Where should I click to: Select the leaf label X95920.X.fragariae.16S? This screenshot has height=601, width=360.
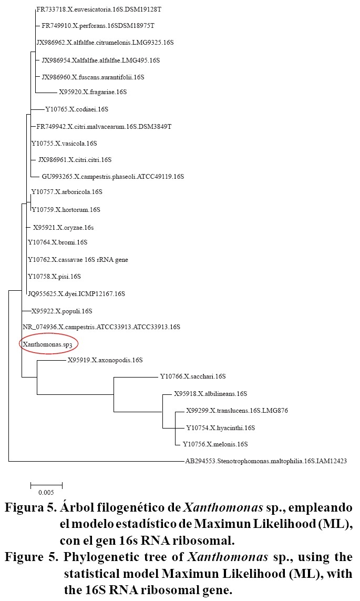[x=92, y=92]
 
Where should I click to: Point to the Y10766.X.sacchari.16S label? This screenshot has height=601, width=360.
[x=192, y=376]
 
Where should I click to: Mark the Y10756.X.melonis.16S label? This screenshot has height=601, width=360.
[x=215, y=444]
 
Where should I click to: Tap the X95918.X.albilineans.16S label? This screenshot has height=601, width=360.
[x=210, y=394]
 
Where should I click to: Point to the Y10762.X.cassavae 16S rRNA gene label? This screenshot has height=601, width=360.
[x=78, y=259]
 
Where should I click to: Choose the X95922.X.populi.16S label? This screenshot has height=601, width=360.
[x=61, y=311]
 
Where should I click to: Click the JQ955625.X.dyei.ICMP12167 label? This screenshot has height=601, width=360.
[x=76, y=293]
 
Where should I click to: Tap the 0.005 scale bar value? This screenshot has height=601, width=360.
[x=46, y=493]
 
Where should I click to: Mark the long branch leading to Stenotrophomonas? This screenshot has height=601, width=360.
[x=95, y=461]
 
